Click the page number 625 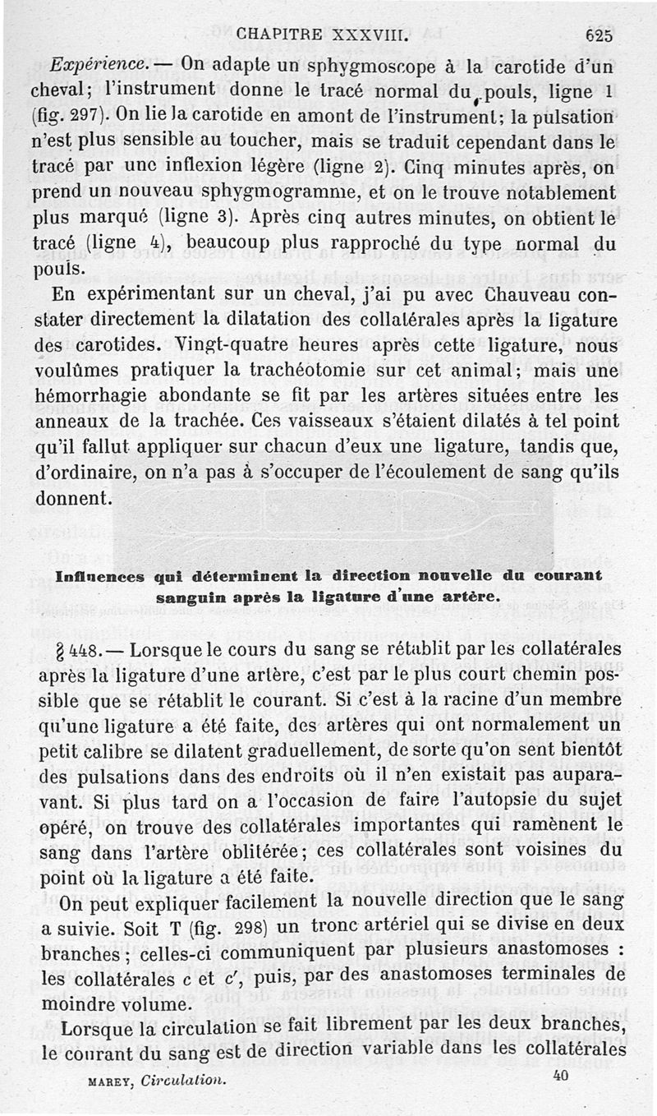pos(599,35)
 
